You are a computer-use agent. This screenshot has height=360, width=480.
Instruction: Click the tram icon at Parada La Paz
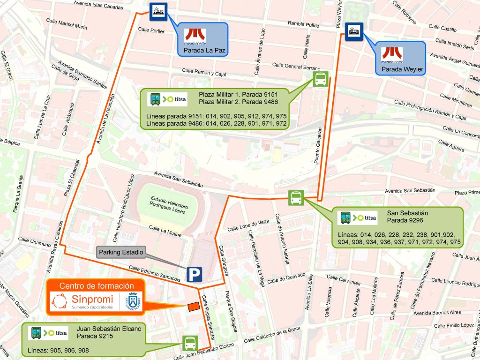[157, 12]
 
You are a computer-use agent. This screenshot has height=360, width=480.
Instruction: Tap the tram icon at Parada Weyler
[354, 32]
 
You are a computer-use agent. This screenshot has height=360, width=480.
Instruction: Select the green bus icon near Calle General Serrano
[320, 79]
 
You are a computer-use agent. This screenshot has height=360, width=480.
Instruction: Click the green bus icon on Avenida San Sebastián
[296, 198]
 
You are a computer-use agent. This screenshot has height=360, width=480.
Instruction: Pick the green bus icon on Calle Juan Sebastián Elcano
[190, 343]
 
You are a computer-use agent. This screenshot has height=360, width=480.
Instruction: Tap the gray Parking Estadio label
[121, 252]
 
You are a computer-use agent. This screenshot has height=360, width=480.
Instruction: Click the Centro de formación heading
[97, 286]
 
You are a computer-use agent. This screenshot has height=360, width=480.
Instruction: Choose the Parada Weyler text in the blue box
[402, 69]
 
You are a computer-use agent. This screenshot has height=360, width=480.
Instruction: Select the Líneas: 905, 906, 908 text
[59, 350]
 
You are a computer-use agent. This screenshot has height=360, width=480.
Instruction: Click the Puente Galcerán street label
[318, 145]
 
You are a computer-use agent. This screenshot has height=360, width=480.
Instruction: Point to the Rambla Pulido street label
[303, 24]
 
